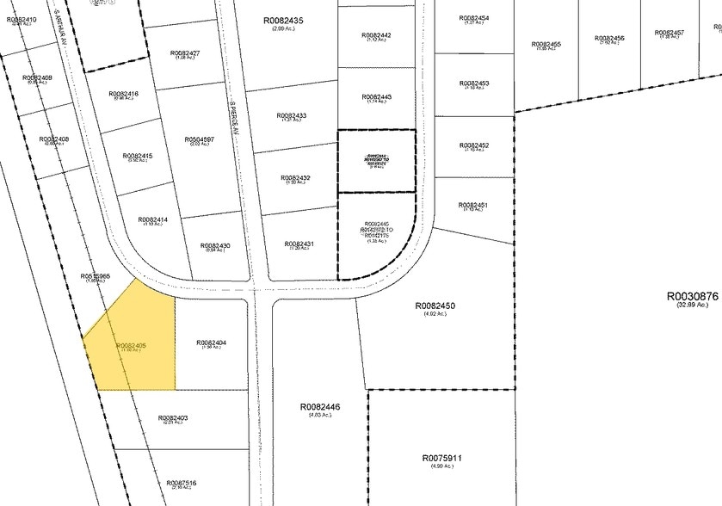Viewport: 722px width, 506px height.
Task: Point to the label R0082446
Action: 321,407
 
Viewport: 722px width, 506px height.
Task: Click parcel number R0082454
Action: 473,18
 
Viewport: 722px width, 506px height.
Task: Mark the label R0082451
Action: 473,205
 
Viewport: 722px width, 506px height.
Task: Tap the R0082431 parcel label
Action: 299,244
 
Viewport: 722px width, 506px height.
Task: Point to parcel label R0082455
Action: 546,44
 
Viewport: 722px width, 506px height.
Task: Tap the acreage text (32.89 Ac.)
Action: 692,305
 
